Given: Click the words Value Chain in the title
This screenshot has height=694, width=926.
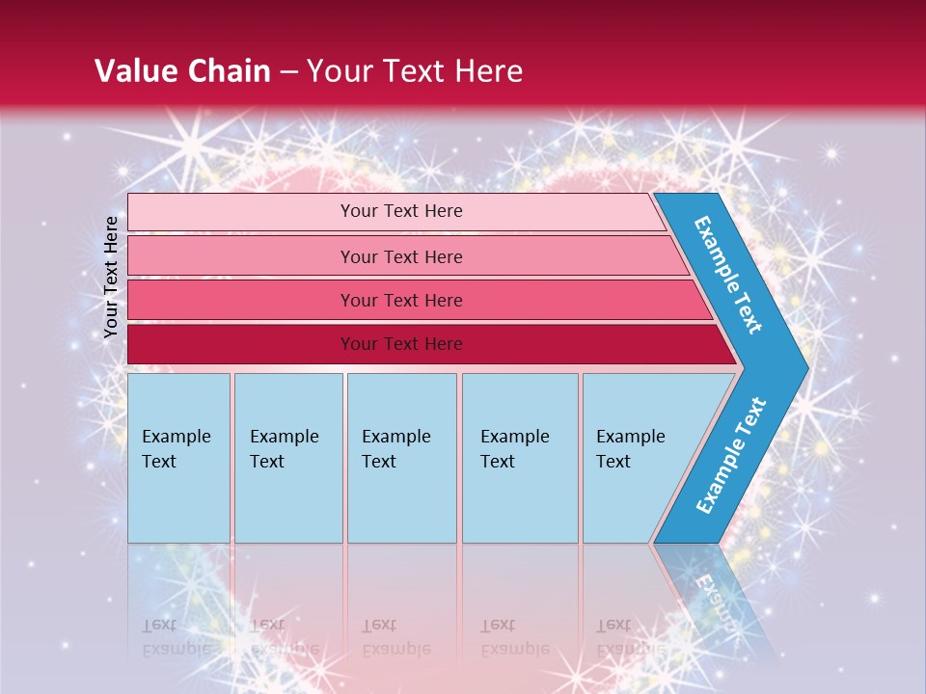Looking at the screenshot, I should pos(182,71).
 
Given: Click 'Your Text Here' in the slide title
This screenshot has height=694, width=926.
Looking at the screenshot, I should pos(415,71).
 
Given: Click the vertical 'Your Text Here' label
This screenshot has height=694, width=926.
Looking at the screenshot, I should pos(111,277).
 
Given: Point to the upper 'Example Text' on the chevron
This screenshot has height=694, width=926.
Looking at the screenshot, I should pos(728,275).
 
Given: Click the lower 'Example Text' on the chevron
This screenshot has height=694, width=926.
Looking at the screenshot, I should pos(731,455).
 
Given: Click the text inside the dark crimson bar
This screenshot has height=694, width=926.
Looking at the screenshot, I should pos(401,344).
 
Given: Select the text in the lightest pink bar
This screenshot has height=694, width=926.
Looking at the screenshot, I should pos(401,211).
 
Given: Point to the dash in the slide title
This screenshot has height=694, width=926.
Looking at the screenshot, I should pos(287,72).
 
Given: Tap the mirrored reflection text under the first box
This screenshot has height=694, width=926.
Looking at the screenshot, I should pos(176,636).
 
